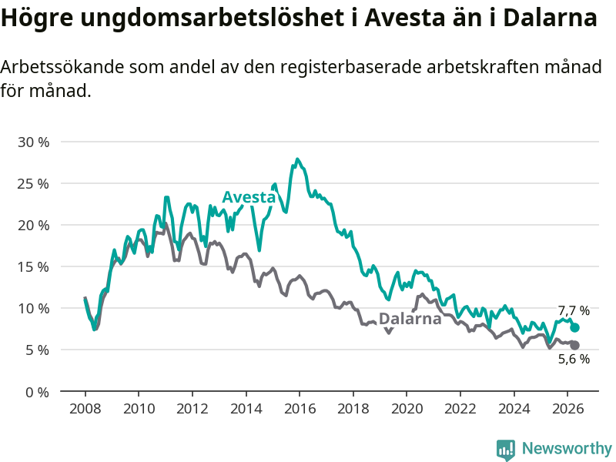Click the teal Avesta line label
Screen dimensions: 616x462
click(x=249, y=197)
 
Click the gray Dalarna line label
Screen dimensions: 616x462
click(x=410, y=319)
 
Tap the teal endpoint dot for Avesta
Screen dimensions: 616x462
click(x=574, y=328)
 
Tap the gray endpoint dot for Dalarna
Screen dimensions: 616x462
click(x=574, y=345)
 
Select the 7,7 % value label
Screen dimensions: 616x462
click(x=574, y=311)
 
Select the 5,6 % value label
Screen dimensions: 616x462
click(x=574, y=359)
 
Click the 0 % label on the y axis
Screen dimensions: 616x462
click(x=37, y=392)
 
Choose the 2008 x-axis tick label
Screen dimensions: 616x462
click(x=85, y=409)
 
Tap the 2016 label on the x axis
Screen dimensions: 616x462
click(x=300, y=409)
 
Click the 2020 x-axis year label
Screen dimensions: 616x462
click(x=407, y=409)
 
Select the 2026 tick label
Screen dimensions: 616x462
click(x=568, y=409)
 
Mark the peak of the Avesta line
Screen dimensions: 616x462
click(x=297, y=159)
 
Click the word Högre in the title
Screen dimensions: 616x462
click(x=37, y=18)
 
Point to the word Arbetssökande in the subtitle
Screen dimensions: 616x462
click(x=62, y=67)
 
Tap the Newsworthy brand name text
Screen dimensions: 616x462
click(x=567, y=448)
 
